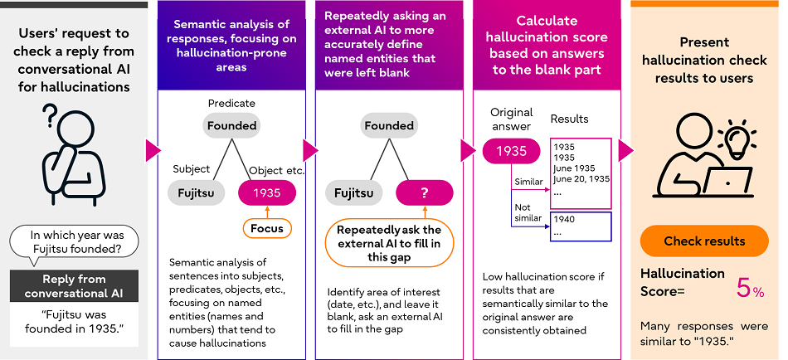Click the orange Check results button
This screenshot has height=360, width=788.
click(704, 241)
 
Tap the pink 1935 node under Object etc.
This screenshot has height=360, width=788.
click(266, 193)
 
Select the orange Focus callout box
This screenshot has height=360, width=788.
click(266, 227)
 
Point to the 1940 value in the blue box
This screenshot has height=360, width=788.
click(563, 219)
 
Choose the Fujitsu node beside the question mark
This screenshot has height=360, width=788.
click(354, 193)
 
